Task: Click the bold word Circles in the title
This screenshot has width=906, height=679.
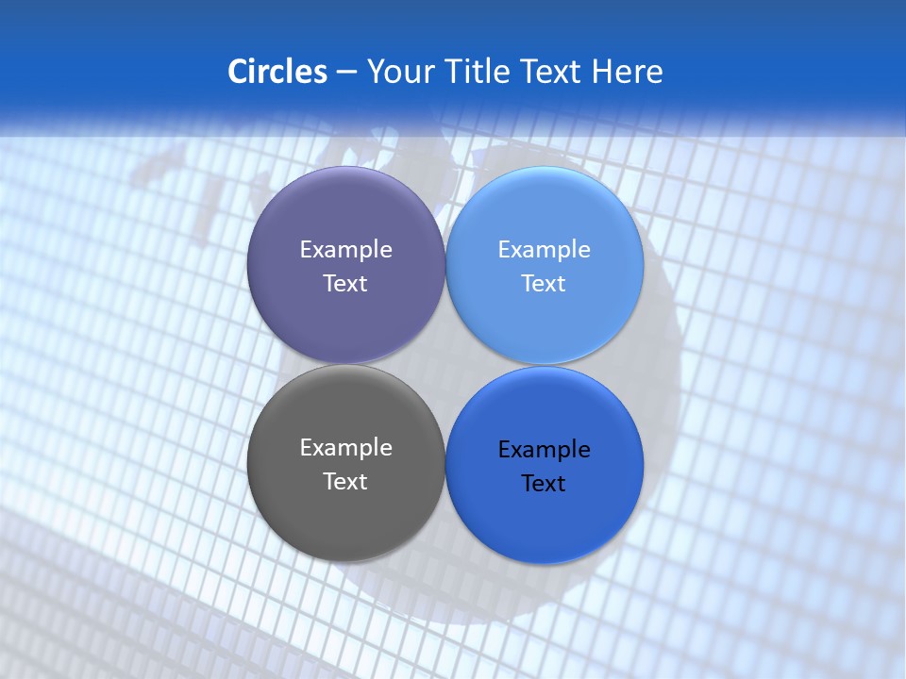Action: (x=277, y=72)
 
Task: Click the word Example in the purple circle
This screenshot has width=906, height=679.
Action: (x=345, y=250)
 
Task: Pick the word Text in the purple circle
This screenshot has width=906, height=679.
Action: (x=345, y=284)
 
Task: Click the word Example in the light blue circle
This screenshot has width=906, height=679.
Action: (x=544, y=250)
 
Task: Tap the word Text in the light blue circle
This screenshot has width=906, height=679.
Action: (x=544, y=284)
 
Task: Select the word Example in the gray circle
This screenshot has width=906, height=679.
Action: (x=345, y=448)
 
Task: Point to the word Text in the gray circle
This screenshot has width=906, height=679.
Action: (x=345, y=482)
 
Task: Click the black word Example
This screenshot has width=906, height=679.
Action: (x=544, y=450)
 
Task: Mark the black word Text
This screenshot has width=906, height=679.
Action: (x=544, y=484)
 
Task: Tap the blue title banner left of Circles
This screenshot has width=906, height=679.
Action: (x=113, y=72)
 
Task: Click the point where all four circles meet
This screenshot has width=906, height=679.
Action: (x=445, y=365)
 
